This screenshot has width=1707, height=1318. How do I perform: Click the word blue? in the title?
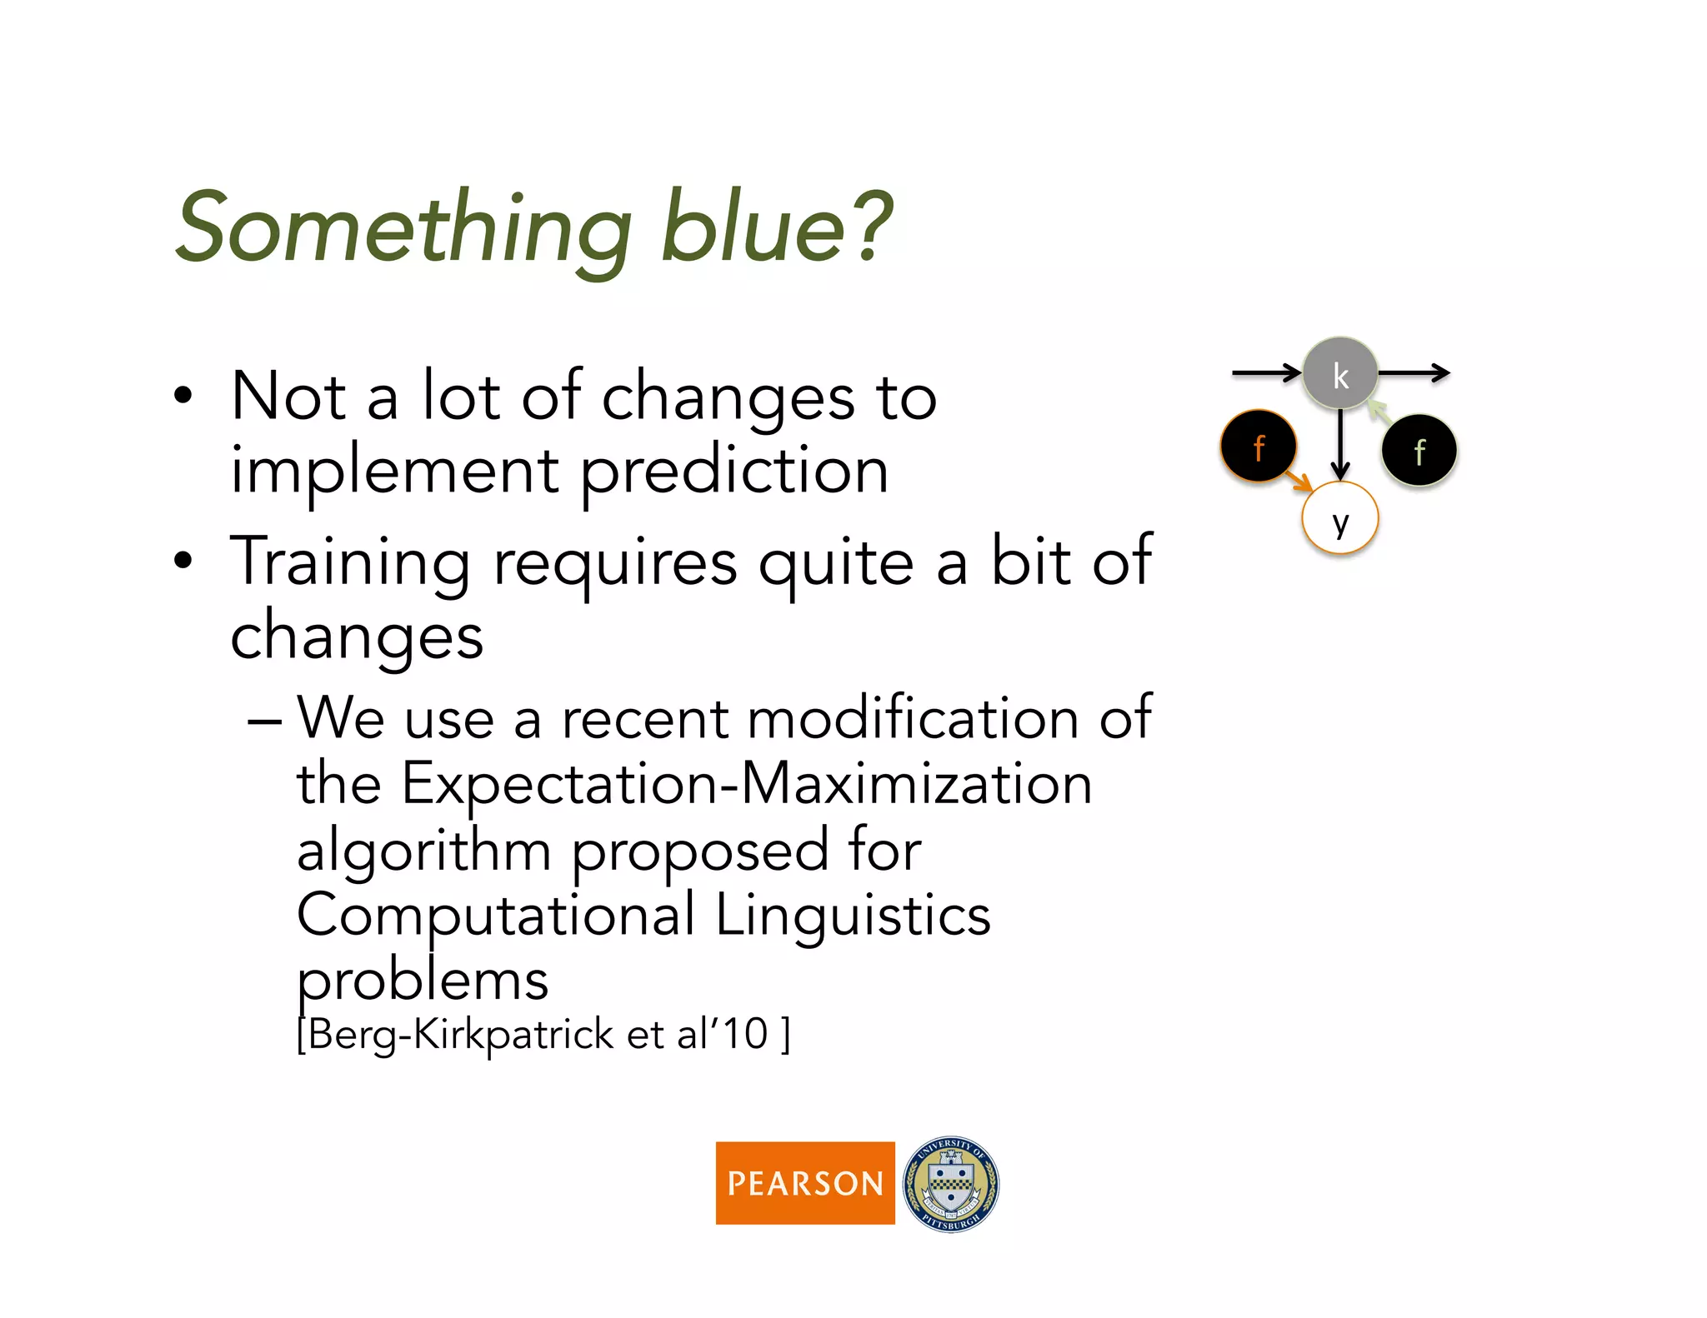click(x=775, y=227)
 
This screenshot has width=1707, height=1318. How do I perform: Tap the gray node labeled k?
click(x=1339, y=374)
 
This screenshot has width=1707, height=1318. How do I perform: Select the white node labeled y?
click(x=1339, y=519)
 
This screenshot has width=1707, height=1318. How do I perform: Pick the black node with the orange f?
click(x=1258, y=447)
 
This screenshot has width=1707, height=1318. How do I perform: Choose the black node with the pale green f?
click(x=1419, y=451)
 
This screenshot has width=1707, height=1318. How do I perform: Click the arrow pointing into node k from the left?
click(x=1265, y=372)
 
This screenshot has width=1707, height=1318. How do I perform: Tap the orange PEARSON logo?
click(x=804, y=1182)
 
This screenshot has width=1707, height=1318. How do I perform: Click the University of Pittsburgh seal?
click(x=951, y=1184)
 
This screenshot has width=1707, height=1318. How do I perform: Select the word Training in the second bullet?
click(x=350, y=562)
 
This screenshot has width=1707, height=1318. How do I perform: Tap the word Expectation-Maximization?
click(x=746, y=785)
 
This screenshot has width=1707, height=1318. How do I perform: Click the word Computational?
click(x=496, y=915)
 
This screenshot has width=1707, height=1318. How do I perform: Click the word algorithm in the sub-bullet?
click(x=423, y=851)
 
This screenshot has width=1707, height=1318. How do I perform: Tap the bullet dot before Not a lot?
click(x=183, y=396)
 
